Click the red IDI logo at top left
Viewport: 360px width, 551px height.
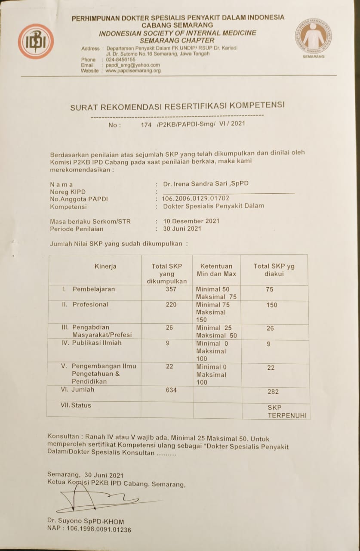click(36, 41)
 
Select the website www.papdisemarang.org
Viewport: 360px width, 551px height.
click(133, 71)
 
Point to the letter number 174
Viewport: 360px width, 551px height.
click(147, 124)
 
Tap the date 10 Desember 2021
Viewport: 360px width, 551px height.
click(191, 221)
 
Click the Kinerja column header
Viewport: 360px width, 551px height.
click(105, 266)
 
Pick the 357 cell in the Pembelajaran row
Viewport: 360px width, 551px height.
click(171, 289)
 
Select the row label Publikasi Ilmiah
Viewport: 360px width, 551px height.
click(97, 343)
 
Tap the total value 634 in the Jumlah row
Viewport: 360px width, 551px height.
click(171, 390)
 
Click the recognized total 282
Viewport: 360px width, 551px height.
click(273, 392)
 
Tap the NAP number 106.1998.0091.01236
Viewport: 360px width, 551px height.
click(89, 529)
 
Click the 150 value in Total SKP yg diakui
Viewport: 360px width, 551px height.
click(271, 305)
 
